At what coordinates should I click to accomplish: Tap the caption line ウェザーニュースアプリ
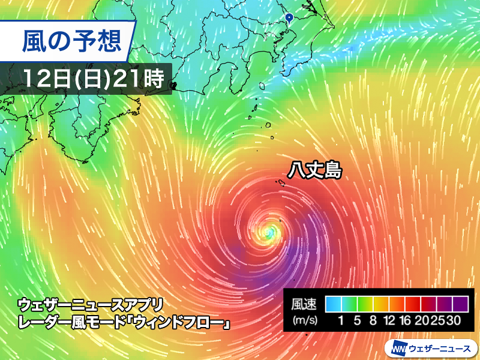[90, 304]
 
